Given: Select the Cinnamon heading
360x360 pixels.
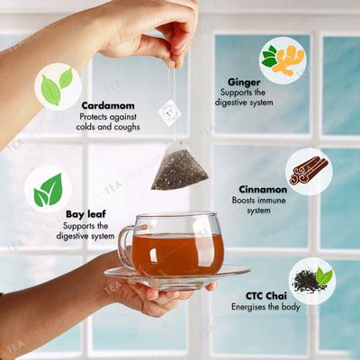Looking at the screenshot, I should tap(264, 190).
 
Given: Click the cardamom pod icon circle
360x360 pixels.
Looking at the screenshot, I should tap(57, 87).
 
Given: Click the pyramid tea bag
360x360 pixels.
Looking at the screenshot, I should tap(180, 169).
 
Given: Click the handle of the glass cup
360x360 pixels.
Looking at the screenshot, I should tap(127, 245).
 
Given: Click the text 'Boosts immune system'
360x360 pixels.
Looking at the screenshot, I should tap(264, 206).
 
